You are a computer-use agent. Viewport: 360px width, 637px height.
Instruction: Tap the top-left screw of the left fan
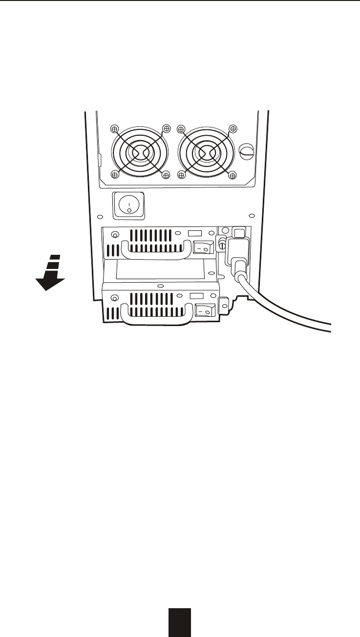[x=114, y=129]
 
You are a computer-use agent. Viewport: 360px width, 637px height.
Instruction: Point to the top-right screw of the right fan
[x=233, y=129]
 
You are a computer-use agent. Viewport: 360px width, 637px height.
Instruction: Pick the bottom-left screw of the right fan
[x=181, y=174]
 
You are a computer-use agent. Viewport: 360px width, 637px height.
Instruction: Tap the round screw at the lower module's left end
[x=115, y=298]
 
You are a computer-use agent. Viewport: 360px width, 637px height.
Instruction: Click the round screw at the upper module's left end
[x=115, y=234]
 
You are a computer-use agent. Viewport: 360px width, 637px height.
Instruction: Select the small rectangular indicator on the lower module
[x=196, y=296]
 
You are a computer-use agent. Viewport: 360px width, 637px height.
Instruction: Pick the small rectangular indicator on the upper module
[x=194, y=233]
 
